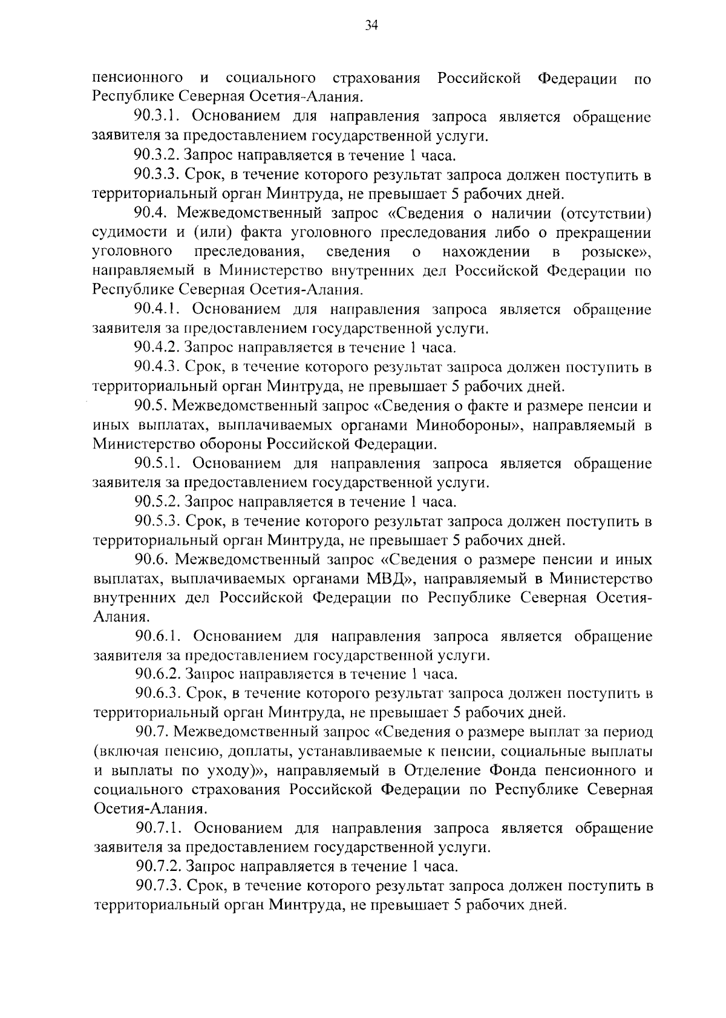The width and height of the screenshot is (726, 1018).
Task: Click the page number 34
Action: [x=371, y=25]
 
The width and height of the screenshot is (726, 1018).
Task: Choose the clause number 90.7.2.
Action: [x=158, y=867]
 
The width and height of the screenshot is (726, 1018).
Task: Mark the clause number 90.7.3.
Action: [x=158, y=886]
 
